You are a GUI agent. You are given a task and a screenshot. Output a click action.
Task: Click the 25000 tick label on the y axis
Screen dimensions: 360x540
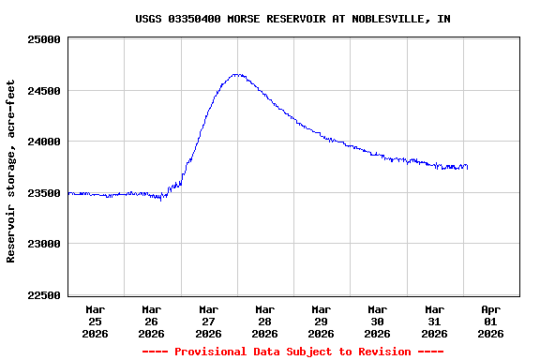point(45,40)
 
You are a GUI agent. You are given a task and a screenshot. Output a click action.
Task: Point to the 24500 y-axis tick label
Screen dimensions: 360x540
point(45,91)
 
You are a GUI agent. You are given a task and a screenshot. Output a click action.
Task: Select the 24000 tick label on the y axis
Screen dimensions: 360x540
point(45,142)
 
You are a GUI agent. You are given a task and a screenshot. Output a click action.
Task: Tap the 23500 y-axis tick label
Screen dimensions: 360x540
point(45,193)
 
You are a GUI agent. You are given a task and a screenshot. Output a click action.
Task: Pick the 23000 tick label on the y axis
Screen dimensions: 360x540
point(45,245)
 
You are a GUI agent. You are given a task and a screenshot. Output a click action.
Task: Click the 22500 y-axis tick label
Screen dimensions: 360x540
point(45,295)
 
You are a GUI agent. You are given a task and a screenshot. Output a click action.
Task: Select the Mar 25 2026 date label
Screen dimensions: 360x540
point(95,321)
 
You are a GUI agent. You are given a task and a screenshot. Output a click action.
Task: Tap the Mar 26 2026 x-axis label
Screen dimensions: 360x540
point(151,321)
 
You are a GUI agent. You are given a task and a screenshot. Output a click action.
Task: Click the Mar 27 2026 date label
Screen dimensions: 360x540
point(208,321)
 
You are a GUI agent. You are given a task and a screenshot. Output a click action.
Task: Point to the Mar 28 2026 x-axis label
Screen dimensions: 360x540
point(264,321)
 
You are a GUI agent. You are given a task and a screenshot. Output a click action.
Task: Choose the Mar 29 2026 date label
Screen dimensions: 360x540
point(321,321)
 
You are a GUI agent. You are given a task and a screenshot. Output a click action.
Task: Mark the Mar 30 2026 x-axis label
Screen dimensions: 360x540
point(377,321)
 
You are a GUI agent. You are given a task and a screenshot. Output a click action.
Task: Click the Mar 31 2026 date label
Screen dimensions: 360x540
point(434,321)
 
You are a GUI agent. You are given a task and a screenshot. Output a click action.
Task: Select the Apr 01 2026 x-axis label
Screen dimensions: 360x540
point(490,321)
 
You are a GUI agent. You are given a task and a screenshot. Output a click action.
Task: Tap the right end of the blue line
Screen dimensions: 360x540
point(467,168)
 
